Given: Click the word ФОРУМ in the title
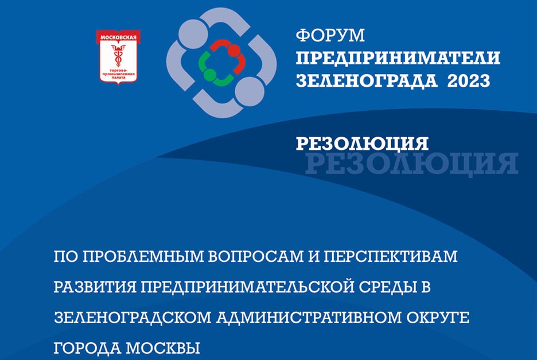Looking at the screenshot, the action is click(330, 36).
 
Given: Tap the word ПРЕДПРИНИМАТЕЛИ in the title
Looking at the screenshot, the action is click(398, 58).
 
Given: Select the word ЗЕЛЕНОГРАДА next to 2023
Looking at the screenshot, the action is click(367, 81).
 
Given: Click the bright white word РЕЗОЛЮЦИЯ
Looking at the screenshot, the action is click(362, 144).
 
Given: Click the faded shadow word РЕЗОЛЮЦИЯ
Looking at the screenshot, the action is click(412, 164).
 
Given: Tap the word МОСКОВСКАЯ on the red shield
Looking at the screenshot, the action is click(118, 37).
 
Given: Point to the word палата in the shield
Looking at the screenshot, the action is click(118, 77).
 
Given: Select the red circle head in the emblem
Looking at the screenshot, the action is click(234, 51).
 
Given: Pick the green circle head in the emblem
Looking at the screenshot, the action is click(209, 75).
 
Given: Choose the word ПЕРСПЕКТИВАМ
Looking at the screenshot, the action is click(391, 257).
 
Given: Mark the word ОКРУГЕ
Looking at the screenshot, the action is click(438, 318).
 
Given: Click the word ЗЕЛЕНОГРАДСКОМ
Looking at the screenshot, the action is click(133, 318).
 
